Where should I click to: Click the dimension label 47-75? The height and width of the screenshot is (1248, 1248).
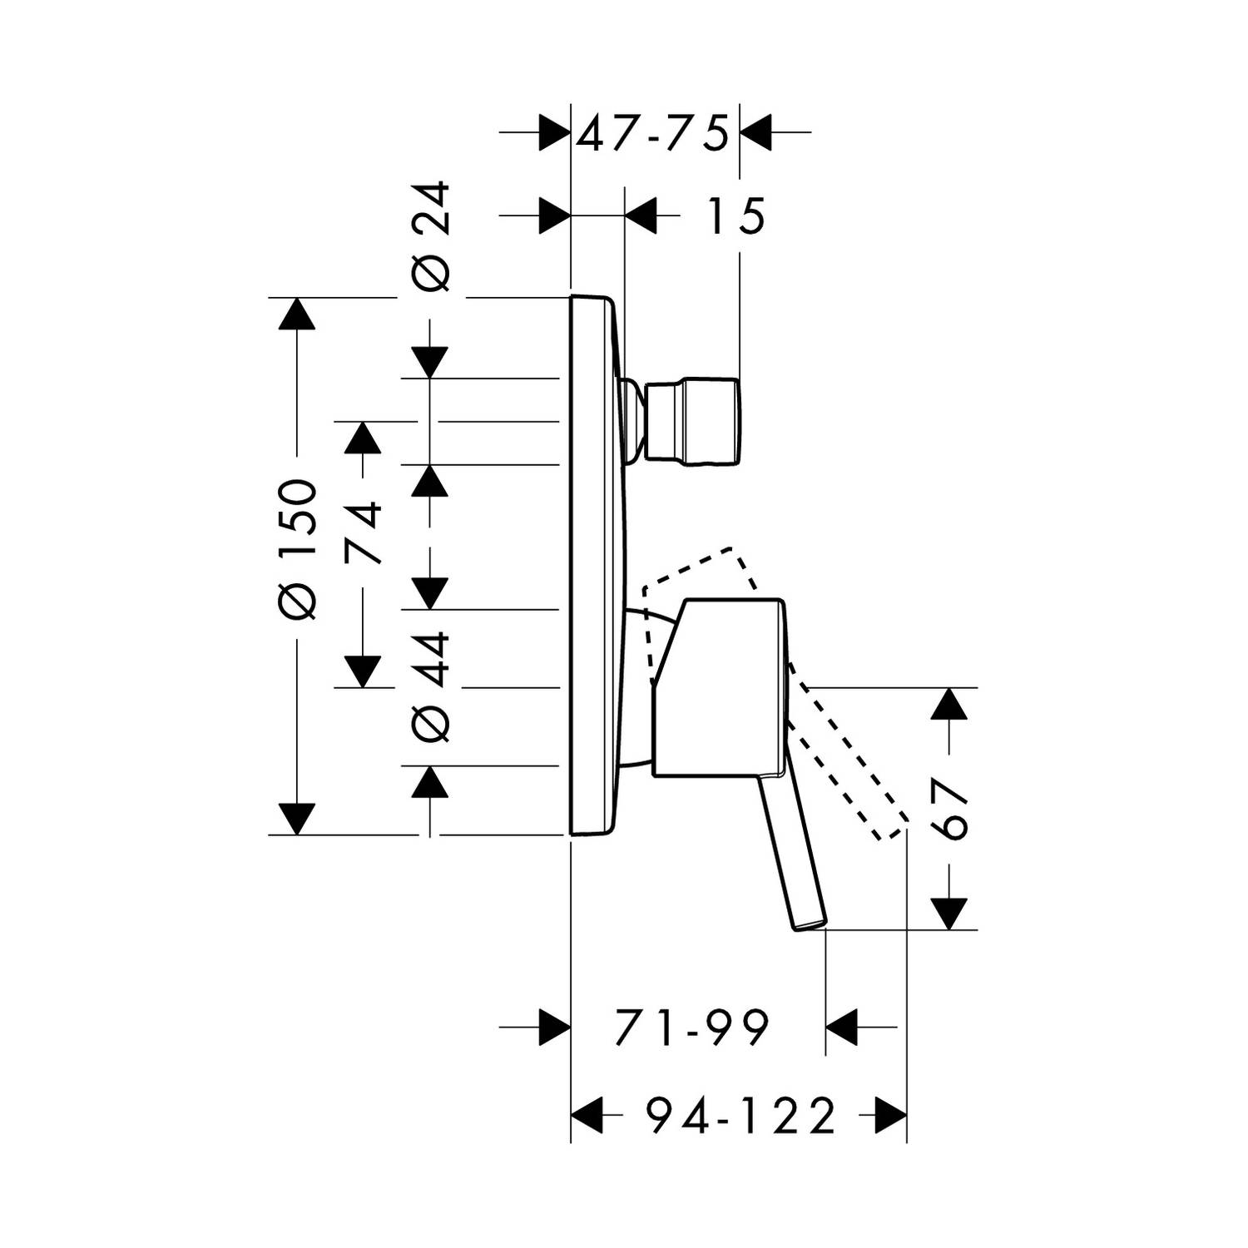coord(653,132)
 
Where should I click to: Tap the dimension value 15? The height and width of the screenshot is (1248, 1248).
coord(735,217)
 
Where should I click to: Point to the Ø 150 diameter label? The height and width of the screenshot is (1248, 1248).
coord(298,549)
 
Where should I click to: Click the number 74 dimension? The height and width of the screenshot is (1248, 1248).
coord(364,532)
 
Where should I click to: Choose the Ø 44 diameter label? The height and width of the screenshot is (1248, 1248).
coord(433,686)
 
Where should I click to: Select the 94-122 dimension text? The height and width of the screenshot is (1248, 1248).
coord(740,1117)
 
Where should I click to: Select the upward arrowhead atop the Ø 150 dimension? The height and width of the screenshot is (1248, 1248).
coord(298,314)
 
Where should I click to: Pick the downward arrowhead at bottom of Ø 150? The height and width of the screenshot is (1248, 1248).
coord(298,819)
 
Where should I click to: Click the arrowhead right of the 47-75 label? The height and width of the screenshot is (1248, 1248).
coord(756,132)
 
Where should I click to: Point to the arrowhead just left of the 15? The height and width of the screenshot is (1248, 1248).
coord(641,217)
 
